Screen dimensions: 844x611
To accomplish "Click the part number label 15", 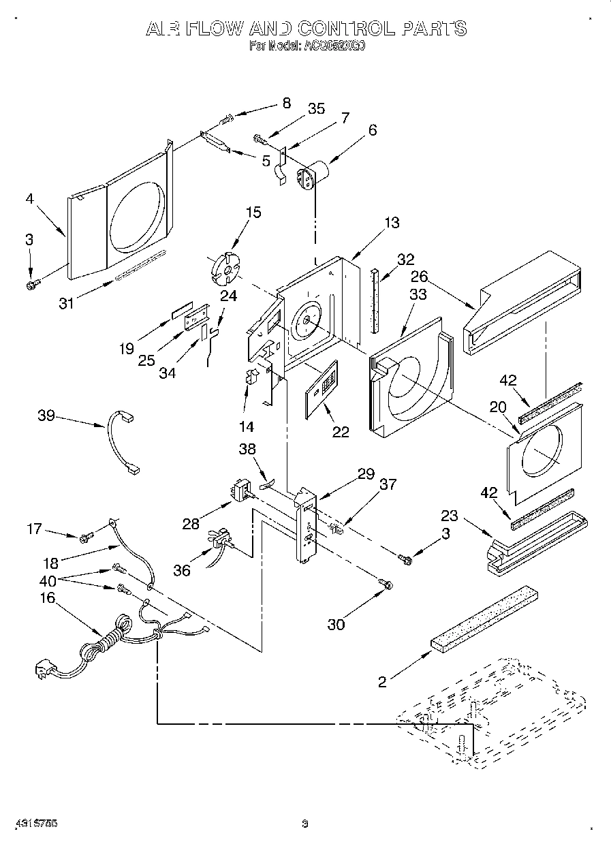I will (253, 213).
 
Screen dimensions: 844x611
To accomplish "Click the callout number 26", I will (419, 277).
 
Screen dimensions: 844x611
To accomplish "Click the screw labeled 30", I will (386, 583).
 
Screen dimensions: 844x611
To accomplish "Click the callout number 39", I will (47, 416).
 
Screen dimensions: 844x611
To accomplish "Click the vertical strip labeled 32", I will (374, 300).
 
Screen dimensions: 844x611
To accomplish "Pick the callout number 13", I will (392, 223).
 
